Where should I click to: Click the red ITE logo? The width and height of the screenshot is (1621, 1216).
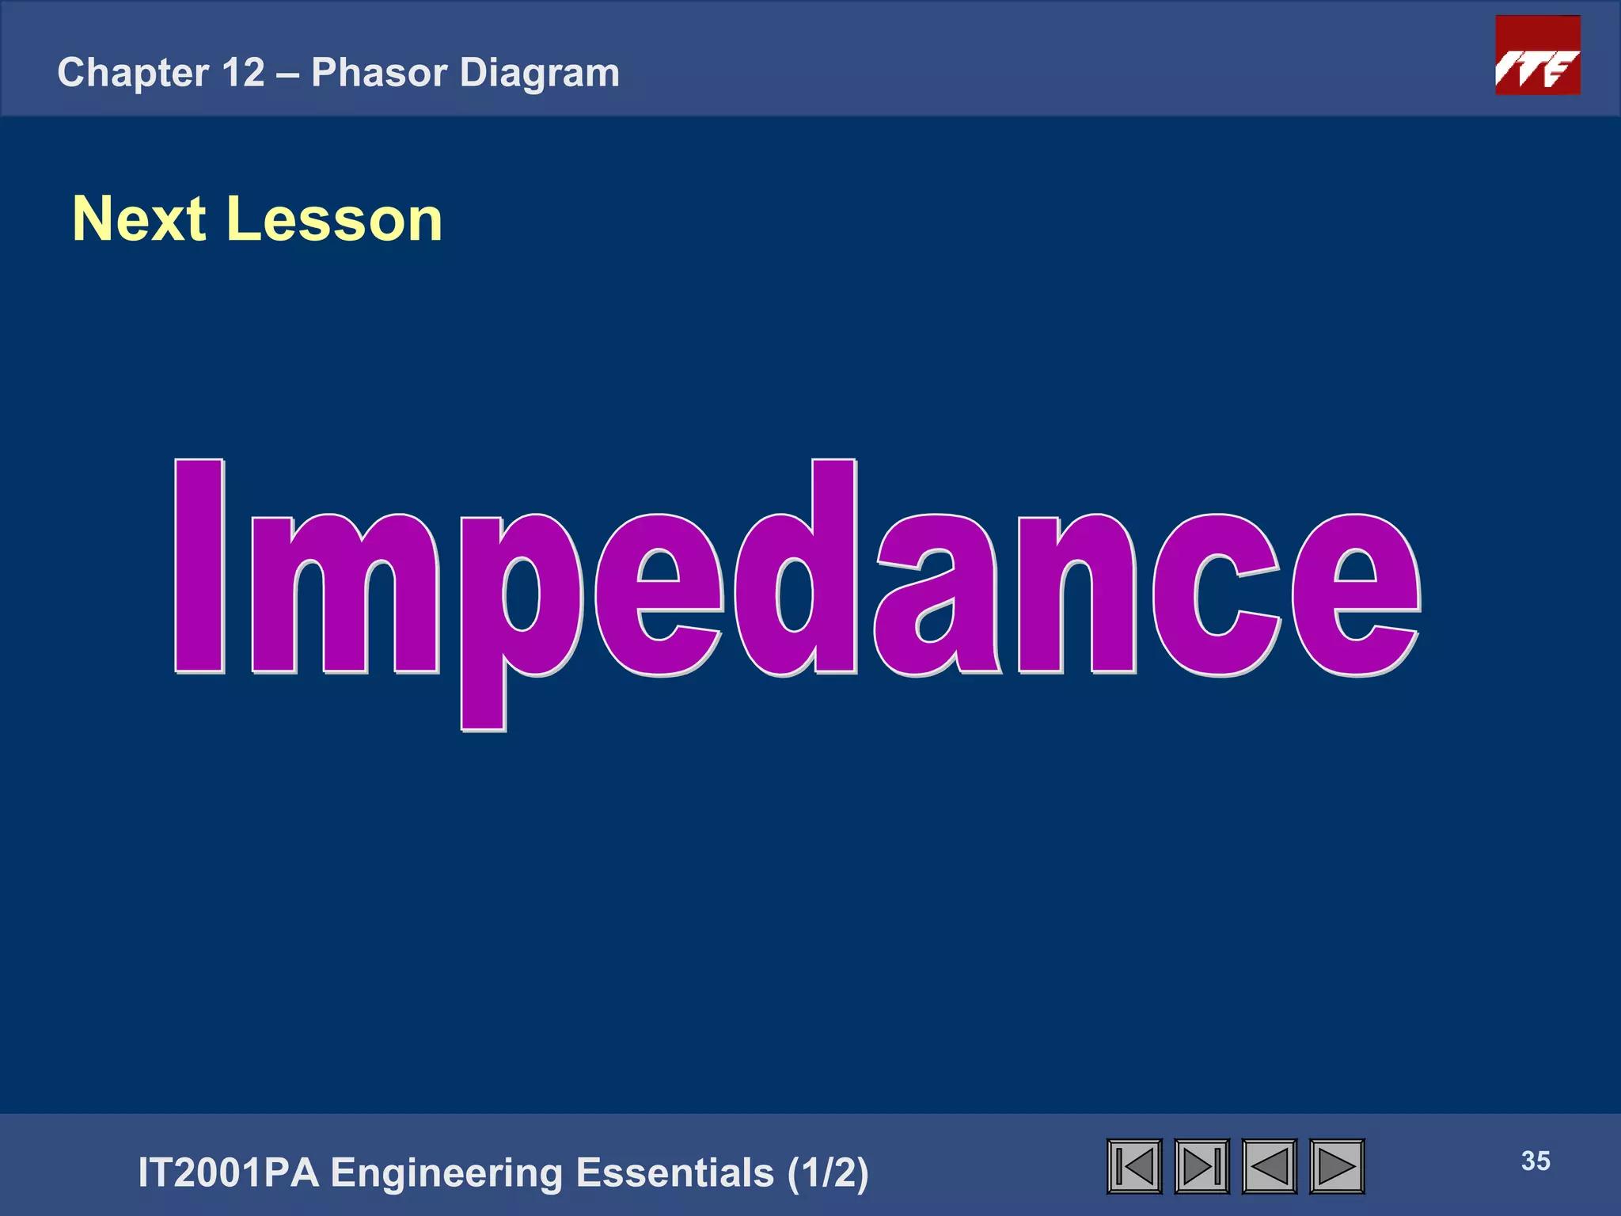1537,55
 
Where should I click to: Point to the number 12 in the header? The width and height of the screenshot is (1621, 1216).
243,73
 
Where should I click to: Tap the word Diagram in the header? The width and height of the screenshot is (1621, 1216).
540,73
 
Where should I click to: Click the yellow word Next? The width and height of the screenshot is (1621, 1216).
139,219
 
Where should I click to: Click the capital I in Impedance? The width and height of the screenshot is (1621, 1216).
199,566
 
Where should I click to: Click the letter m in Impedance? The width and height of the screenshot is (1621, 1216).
344,594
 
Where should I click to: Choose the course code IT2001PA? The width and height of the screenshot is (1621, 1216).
228,1172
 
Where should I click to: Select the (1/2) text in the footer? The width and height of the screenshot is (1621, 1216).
828,1172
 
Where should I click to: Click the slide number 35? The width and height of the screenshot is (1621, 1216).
1536,1161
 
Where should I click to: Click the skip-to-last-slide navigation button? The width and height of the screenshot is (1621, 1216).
1202,1166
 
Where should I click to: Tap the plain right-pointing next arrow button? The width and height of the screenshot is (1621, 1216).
1337,1166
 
